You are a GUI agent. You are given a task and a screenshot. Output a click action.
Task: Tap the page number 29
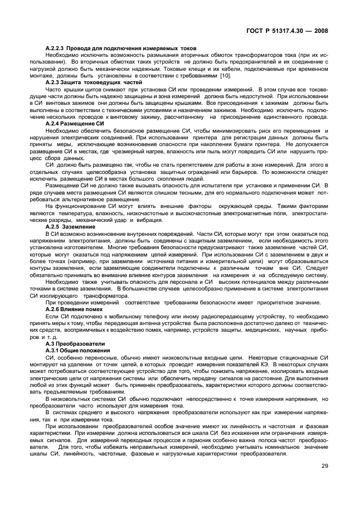[x=325, y=480]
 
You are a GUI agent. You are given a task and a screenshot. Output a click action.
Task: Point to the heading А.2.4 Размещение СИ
[x=75, y=122]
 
